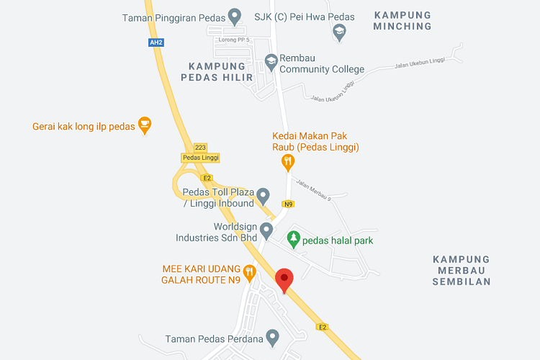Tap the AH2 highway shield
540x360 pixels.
click(156, 42)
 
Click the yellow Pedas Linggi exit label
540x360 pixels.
click(200, 157)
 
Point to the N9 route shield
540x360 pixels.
click(288, 204)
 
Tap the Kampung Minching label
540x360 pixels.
click(403, 21)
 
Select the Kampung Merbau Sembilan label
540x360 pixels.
click(462, 270)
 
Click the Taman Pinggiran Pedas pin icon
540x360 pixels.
click(234, 16)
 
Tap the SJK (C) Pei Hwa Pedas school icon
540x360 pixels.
click(339, 32)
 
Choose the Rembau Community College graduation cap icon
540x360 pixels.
click(271, 63)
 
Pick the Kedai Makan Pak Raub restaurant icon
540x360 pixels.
click(288, 163)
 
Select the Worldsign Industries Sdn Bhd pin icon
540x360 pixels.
click(266, 230)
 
